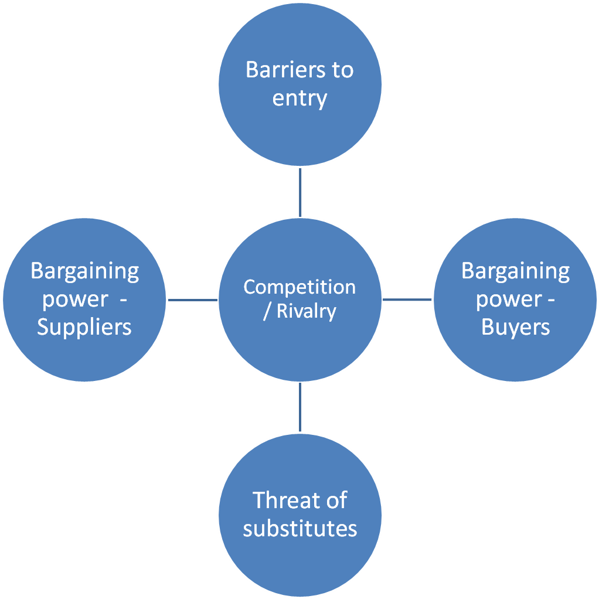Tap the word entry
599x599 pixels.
300,99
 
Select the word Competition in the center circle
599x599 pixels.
299,287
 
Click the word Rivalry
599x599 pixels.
307,311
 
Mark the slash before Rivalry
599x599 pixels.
267,311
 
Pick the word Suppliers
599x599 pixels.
84,328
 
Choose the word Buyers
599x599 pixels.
515,328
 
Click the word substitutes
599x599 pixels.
300,529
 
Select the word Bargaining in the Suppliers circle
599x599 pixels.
85,271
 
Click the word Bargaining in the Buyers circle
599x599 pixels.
515,271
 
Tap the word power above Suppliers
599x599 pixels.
75,300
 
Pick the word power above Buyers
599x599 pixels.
509,300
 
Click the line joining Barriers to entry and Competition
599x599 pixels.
300,192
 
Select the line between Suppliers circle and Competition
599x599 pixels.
192,300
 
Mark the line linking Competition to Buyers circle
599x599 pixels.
407,300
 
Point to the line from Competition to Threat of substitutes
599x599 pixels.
300,407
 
